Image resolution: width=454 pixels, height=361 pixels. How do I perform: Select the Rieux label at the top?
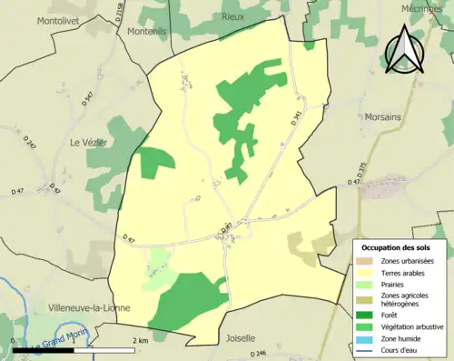(236, 16)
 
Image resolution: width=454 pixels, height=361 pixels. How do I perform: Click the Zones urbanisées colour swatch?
(367, 261)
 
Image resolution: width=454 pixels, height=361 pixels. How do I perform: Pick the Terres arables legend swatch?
(367, 272)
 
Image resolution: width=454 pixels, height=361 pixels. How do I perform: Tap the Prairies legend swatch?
(367, 284)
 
